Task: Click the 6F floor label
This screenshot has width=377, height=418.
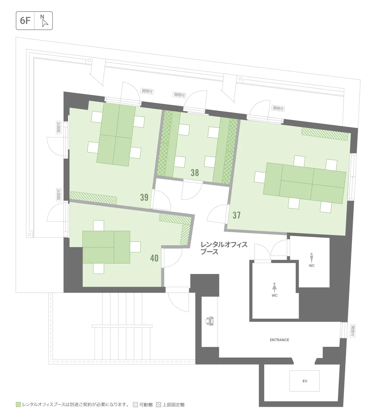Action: click(25, 21)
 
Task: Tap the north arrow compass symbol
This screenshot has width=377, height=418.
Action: click(44, 21)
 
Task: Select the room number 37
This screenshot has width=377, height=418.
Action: click(237, 215)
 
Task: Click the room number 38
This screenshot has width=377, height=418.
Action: click(195, 172)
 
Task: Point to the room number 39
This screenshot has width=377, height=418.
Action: click(144, 197)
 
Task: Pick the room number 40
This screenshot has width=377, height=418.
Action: click(154, 258)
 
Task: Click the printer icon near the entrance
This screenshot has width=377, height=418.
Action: click(210, 321)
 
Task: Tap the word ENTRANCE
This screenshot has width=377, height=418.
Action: click(280, 340)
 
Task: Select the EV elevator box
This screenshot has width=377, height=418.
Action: click(304, 381)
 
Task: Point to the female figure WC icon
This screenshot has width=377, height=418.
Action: click(275, 288)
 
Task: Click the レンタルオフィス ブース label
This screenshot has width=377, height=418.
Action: click(224, 248)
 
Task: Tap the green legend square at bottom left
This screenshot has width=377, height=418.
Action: click(19, 405)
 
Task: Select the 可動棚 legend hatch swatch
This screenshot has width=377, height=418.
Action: click(135, 405)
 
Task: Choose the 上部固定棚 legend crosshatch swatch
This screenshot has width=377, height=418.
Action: click(159, 405)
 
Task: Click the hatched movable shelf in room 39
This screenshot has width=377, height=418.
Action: click(93, 198)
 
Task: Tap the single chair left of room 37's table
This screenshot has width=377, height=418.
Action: click(260, 177)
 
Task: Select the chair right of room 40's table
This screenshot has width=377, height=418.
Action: click(135, 247)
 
